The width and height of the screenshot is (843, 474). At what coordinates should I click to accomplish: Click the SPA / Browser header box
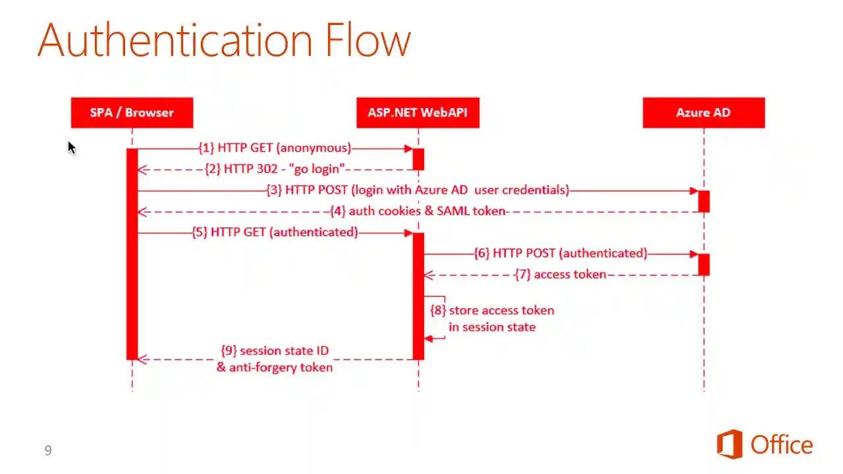coord(132,113)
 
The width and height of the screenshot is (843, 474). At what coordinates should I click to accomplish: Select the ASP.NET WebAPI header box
coord(418,113)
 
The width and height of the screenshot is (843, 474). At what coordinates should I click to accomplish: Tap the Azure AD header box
coord(703,113)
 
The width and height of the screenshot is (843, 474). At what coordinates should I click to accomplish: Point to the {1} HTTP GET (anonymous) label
coord(275,148)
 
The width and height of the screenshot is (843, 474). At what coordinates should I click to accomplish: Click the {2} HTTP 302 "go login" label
coord(275,169)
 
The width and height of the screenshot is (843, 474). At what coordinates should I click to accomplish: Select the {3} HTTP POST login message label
coord(418,190)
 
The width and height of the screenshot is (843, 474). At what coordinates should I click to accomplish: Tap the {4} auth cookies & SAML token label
coord(418,211)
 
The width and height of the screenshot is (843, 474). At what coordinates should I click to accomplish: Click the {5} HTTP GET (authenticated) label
coord(275,232)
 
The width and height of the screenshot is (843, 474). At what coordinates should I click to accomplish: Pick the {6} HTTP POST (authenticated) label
coord(560,253)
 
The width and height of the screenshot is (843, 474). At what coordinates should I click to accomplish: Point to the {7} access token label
coord(560,275)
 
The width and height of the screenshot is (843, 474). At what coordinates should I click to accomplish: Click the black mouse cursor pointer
coord(71,148)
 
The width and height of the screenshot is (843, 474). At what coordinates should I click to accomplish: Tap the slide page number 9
coord(48,450)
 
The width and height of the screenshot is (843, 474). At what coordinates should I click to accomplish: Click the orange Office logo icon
coord(730,444)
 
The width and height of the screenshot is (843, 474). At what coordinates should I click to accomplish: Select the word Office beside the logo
coord(782,446)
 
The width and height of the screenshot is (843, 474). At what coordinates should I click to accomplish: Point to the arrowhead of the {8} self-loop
coord(428,338)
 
